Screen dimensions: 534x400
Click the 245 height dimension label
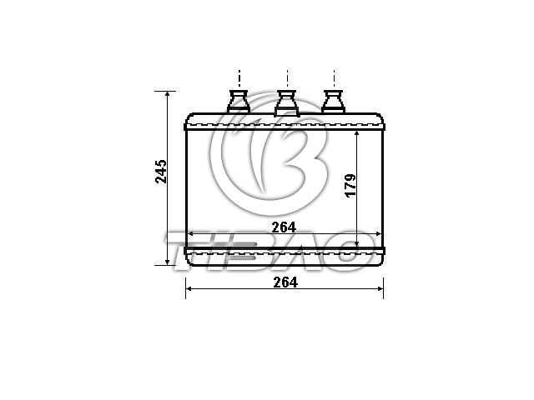pyautogui.click(x=161, y=172)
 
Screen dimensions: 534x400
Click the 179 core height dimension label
pyautogui.click(x=350, y=185)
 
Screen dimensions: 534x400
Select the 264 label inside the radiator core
pyautogui.click(x=284, y=227)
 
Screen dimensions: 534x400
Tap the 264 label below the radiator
pyautogui.click(x=285, y=282)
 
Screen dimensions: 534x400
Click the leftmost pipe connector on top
pyautogui.click(x=239, y=102)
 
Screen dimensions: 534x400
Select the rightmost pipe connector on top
pyautogui.click(x=334, y=102)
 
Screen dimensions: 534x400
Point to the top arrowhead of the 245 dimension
pyautogui.click(x=167, y=94)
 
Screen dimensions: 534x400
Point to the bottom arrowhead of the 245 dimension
pyautogui.click(x=167, y=262)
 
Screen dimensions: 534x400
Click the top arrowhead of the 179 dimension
pyautogui.click(x=356, y=134)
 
